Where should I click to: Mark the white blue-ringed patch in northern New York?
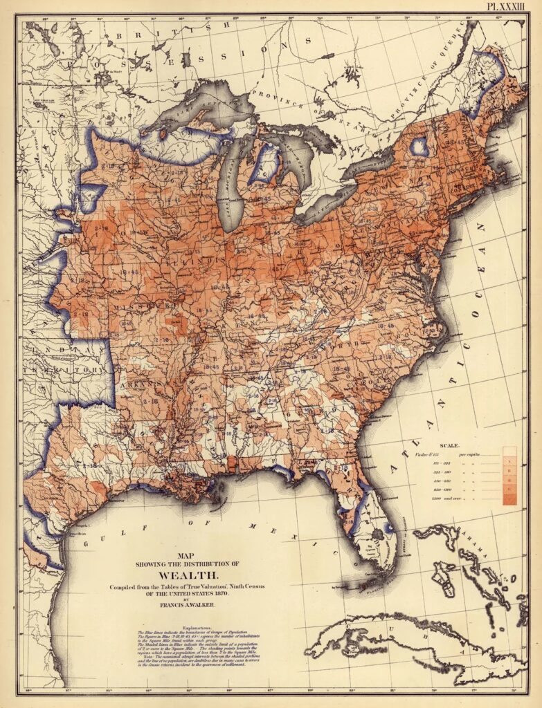(x=419, y=146)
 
